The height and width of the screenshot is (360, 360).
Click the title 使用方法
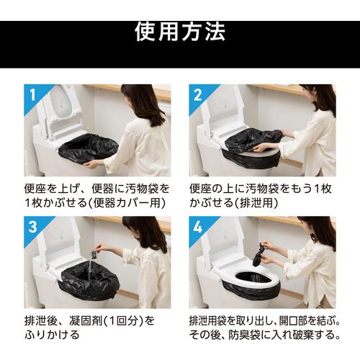click(180, 31)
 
